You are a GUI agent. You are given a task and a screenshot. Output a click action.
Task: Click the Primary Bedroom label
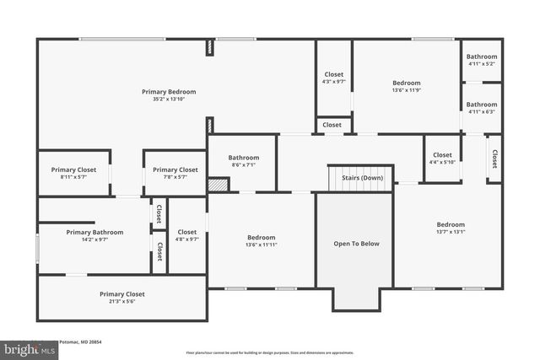click(x=169, y=91)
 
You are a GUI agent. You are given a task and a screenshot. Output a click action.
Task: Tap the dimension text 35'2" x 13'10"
click(x=169, y=99)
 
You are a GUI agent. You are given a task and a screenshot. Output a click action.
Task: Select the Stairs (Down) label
click(x=362, y=178)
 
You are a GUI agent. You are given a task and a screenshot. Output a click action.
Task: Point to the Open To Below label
click(x=356, y=244)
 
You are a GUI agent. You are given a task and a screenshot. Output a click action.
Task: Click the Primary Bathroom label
click(x=94, y=232)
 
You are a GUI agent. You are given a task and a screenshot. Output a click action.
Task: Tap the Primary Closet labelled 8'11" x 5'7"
click(x=74, y=169)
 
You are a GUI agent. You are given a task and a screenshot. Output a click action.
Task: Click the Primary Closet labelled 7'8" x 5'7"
click(x=175, y=169)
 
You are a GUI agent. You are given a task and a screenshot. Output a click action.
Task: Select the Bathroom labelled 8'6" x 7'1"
click(x=243, y=157)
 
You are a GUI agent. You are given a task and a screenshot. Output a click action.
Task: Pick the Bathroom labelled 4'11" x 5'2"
click(x=482, y=56)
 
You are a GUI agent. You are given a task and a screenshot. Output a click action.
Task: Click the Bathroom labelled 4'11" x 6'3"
click(x=482, y=105)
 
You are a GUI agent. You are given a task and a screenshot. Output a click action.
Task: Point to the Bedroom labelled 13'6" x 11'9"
click(x=406, y=83)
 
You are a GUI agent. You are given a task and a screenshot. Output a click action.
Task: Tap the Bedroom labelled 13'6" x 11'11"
click(x=261, y=238)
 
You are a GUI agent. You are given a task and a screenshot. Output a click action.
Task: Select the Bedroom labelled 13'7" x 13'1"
click(x=450, y=224)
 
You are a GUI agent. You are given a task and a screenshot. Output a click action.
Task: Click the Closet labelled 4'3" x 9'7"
click(x=333, y=74)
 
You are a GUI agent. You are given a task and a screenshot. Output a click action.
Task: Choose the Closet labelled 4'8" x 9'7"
click(x=186, y=232)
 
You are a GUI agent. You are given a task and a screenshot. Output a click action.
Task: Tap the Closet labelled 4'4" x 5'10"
click(x=442, y=155)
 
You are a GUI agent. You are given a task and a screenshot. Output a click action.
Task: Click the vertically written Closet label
click(x=494, y=159)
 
